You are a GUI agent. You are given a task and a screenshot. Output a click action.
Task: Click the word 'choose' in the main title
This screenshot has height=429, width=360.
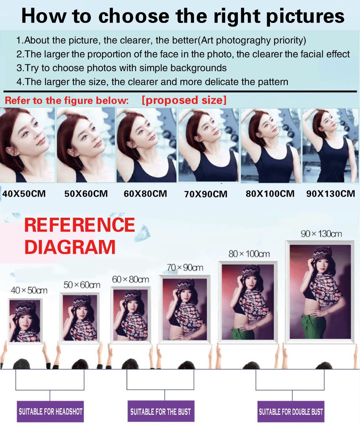134,16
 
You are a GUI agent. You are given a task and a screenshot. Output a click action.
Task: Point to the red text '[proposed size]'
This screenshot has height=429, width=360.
184,100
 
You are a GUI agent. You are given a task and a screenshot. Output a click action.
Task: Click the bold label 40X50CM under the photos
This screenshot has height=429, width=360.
24,194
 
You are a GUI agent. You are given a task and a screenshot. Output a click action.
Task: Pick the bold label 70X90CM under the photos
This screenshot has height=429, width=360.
206,194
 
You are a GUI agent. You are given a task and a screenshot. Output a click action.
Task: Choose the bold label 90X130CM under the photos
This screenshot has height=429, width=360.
331,194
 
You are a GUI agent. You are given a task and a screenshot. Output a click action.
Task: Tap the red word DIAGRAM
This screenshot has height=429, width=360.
70,247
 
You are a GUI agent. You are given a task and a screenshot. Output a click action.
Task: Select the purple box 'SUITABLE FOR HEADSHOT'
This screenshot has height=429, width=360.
50,411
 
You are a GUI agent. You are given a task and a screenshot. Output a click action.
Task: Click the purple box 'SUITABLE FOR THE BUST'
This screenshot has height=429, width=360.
161,411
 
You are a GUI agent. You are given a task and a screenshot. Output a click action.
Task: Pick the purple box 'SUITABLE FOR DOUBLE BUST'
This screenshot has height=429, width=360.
291,411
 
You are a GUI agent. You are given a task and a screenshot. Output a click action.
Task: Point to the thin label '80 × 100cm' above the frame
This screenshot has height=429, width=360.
249,254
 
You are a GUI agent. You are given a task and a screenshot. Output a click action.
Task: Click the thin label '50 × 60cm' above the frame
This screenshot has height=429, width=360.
82,285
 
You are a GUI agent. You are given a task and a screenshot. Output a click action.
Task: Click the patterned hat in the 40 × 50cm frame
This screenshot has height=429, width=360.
25,308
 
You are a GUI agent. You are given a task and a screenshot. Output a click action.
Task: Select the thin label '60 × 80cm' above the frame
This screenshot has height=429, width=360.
131,280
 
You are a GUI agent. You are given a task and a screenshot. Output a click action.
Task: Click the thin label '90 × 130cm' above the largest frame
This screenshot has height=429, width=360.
321,234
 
